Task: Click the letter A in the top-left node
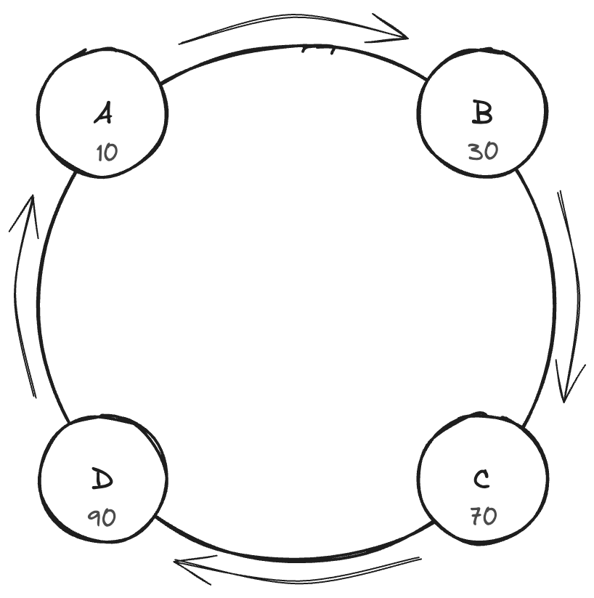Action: coord(104,114)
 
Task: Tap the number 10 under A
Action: coord(106,153)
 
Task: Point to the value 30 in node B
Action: coord(483,152)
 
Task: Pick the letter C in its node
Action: coord(481,480)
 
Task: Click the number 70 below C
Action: coord(483,517)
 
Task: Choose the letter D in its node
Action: coord(102,480)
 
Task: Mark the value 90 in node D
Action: coord(102,517)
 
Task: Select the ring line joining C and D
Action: coord(290,557)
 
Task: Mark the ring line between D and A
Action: coord(38,298)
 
